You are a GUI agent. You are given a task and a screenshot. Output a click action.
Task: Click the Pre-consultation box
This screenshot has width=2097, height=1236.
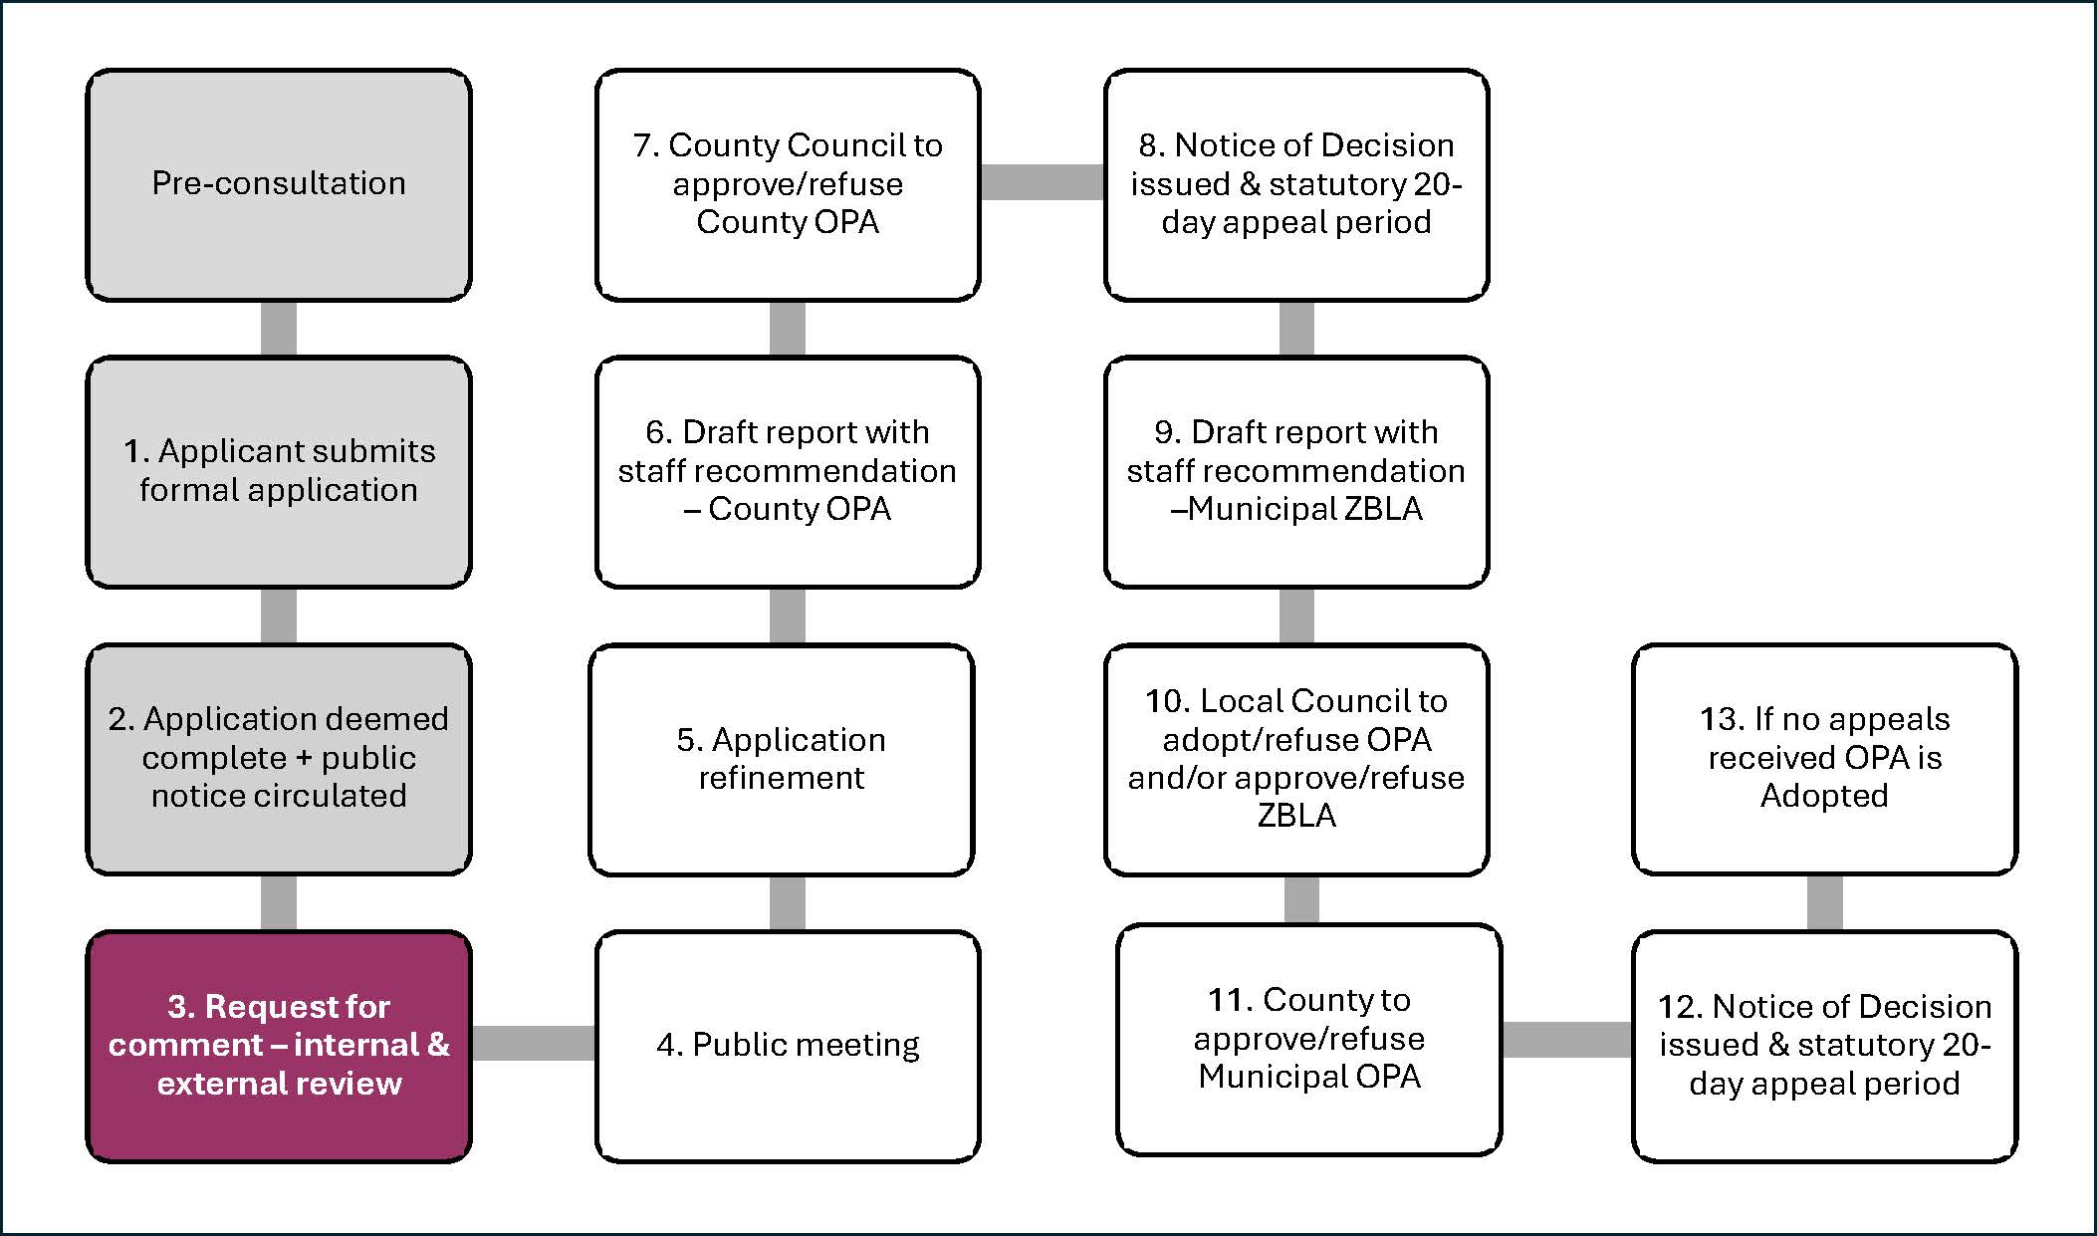pos(279,184)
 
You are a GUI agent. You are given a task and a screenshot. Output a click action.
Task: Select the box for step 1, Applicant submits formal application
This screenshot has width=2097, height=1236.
pos(279,471)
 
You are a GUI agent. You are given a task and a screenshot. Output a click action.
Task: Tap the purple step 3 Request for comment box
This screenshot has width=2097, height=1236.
pos(279,1046)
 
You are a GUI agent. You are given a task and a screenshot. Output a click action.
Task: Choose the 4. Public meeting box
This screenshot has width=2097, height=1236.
pos(788,1046)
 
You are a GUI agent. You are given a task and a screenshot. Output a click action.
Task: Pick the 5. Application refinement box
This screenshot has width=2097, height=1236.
pos(782,759)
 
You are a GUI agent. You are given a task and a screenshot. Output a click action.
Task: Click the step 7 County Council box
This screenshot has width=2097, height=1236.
pos(788,184)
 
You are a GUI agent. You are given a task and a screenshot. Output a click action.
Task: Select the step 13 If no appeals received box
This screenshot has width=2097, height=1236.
pos(1824,759)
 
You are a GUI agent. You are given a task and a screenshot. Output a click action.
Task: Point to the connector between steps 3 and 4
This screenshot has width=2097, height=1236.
pos(534,1043)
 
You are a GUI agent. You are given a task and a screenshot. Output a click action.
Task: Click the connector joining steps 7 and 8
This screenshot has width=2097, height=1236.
pos(1043,182)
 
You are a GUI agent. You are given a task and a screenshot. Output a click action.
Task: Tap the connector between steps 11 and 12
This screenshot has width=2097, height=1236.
pos(1566,1040)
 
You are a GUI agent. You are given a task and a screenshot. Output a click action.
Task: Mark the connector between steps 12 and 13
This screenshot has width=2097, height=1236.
pos(1824,902)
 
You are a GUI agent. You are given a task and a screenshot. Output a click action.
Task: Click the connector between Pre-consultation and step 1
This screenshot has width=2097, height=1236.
pos(279,329)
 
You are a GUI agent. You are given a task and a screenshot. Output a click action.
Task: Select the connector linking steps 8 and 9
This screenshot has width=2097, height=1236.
pos(1296,329)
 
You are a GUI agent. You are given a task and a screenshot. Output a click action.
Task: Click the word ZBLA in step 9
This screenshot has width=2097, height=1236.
pos(1383,509)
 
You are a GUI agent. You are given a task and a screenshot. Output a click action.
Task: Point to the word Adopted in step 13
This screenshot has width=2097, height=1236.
pos(1824,796)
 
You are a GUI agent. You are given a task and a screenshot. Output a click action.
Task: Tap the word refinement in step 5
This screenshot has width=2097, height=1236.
pos(782,778)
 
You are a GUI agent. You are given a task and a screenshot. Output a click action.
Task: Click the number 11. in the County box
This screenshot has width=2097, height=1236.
pos(1231,1000)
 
